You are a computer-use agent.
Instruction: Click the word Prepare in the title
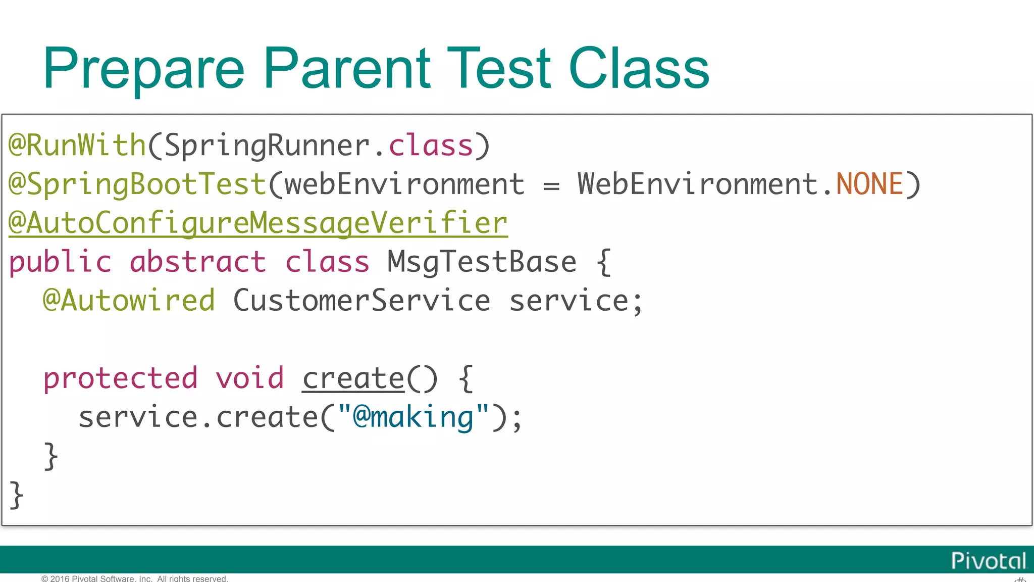point(144,69)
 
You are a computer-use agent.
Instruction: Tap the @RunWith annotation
point(77,145)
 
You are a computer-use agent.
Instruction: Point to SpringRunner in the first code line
point(267,145)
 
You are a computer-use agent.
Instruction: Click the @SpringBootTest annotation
point(137,184)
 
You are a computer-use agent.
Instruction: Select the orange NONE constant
point(869,184)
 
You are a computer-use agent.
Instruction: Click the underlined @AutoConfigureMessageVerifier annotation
point(258,223)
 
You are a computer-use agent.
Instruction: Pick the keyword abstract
point(197,262)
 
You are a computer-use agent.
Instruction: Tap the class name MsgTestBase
point(482,262)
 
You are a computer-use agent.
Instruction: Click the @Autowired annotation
point(129,301)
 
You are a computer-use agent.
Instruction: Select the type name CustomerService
point(361,301)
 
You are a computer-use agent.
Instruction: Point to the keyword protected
point(120,378)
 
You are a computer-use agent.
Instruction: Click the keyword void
point(250,378)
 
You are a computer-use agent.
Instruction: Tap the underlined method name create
point(353,378)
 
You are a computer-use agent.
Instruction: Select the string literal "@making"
point(413,417)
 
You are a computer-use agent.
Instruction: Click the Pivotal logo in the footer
point(988,561)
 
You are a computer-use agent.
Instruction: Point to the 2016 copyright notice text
point(135,578)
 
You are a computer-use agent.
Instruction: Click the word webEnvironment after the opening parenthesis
point(404,184)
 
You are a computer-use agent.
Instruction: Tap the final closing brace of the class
point(16,495)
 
